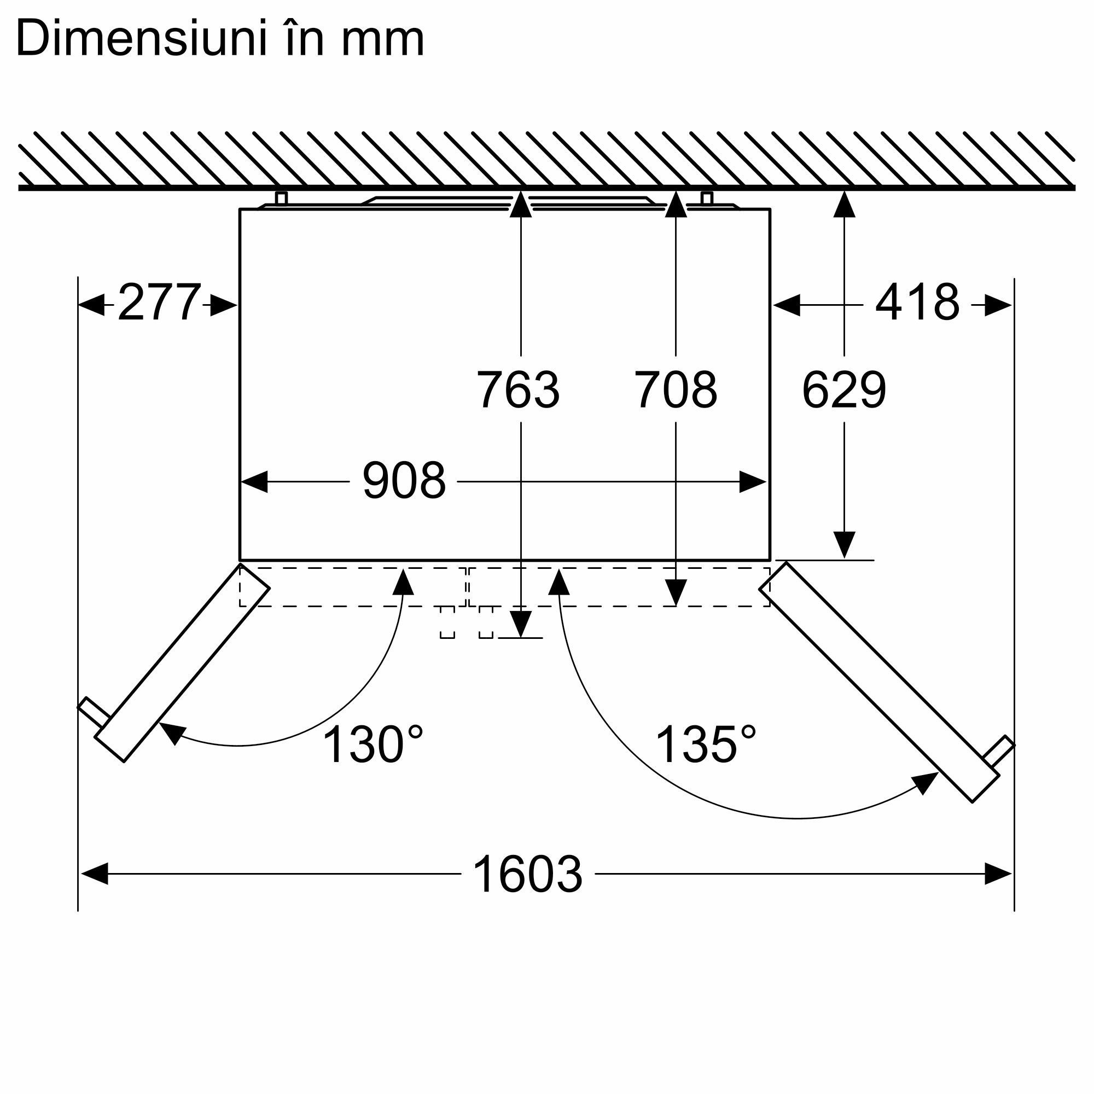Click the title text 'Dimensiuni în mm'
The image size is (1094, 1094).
[220, 38]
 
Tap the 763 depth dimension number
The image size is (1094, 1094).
[518, 389]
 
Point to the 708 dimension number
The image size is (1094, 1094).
[676, 389]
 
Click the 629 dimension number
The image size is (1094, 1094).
[843, 389]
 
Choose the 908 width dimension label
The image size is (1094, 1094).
[404, 481]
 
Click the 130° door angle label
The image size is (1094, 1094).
[373, 744]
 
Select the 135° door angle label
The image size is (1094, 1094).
[706, 744]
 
